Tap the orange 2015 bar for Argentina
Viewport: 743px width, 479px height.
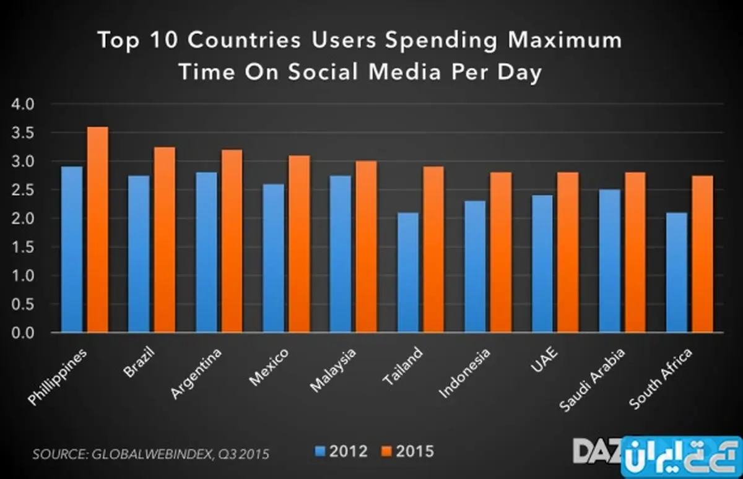coord(232,241)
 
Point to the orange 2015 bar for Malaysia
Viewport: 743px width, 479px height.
coord(366,247)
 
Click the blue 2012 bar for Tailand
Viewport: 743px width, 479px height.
coord(407,273)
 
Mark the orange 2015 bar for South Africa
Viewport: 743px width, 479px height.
coord(702,254)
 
